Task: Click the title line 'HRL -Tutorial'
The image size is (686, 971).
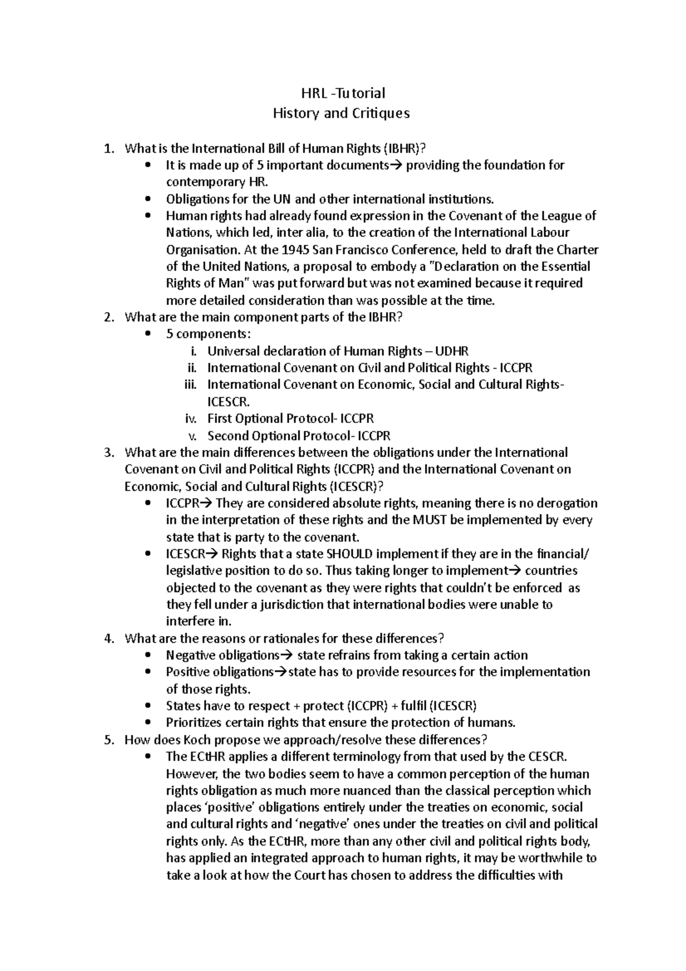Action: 343,93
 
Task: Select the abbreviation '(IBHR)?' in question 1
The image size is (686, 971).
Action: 404,149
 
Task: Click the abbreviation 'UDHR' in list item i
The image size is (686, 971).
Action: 452,351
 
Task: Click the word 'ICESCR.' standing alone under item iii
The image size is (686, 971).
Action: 228,401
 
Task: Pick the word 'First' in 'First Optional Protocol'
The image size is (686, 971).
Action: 220,419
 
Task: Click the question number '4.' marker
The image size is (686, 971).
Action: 110,638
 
